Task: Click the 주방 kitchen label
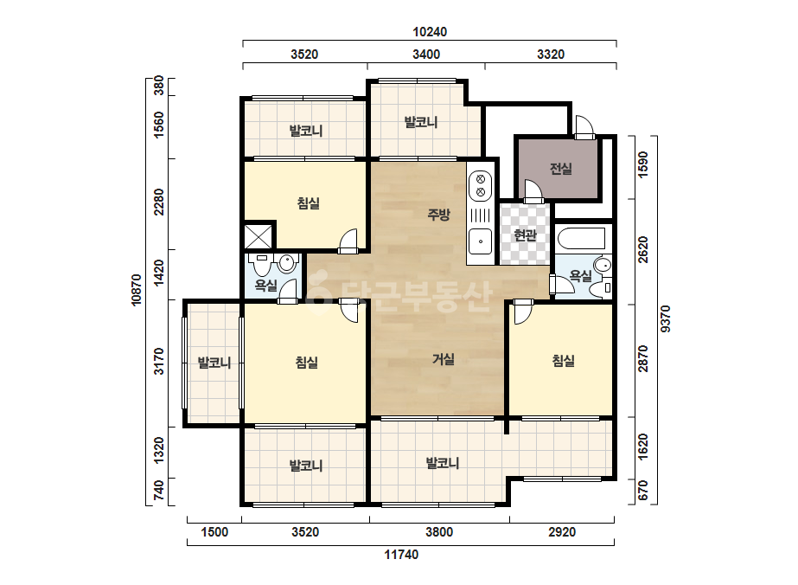click(438, 214)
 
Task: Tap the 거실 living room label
click(444, 359)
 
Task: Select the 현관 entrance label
click(525, 235)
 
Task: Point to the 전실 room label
click(561, 169)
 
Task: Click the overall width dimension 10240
click(430, 32)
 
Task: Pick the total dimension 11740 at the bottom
click(401, 555)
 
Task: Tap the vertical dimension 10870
click(137, 290)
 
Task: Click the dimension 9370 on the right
click(666, 319)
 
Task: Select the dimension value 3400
click(426, 54)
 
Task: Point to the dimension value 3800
click(439, 532)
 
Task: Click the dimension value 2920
click(562, 532)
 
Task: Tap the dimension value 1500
click(214, 532)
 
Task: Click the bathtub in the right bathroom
click(582, 239)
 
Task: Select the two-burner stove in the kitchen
click(480, 185)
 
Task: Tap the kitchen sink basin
click(480, 241)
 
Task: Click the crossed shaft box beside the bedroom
click(258, 236)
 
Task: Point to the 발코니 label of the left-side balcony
click(214, 363)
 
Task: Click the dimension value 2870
click(643, 359)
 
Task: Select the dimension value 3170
click(160, 361)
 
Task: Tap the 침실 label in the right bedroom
click(564, 361)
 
